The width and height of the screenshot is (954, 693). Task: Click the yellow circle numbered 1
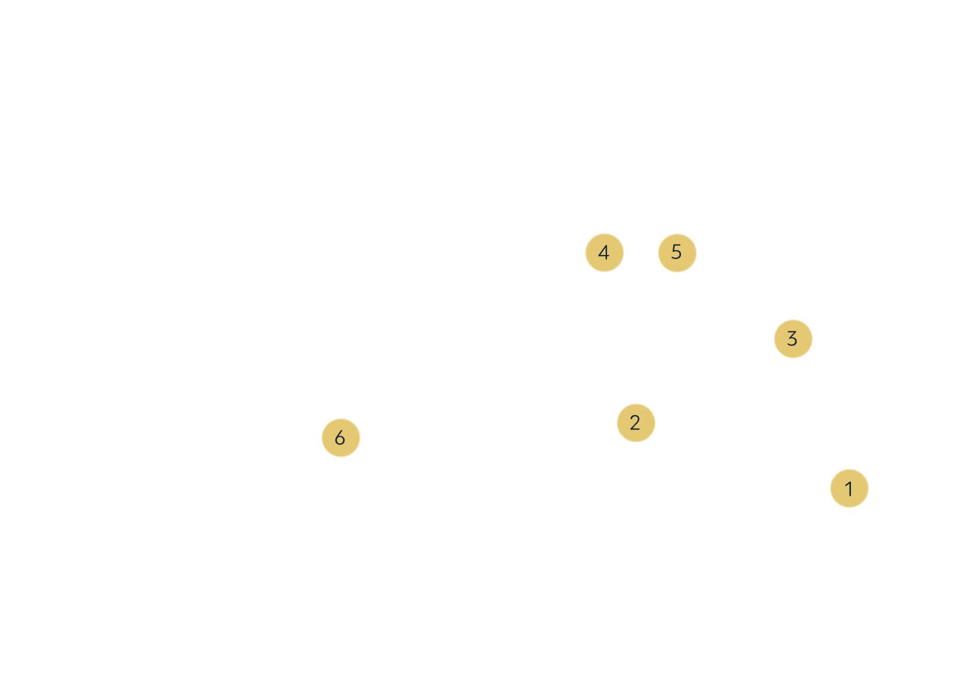point(849,488)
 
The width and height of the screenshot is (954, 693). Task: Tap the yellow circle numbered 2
point(635,422)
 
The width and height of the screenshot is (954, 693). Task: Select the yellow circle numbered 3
point(793,338)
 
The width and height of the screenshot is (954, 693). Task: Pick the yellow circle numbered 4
point(604,253)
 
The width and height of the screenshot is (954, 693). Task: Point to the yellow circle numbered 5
point(676,252)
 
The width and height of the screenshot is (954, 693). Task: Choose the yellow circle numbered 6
point(340,437)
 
